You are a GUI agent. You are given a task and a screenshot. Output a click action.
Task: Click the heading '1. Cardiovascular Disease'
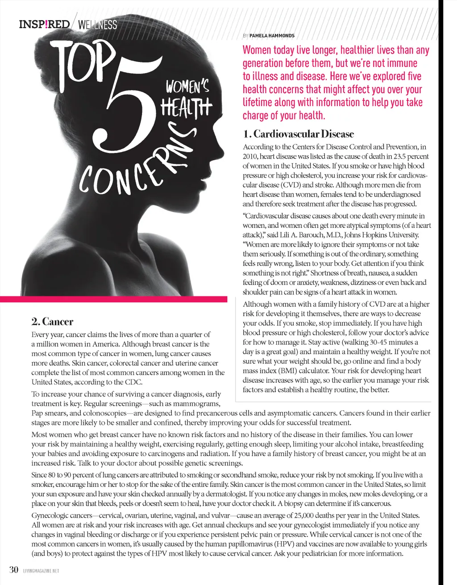298,134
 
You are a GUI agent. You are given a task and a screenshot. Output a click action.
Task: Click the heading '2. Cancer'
52,321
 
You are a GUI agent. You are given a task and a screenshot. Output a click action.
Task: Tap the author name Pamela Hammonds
272,36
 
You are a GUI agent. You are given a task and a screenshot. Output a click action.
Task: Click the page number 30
14,570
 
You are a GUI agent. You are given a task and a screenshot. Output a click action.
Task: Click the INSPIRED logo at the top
44,24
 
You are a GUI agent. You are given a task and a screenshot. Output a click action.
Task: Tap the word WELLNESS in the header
97,25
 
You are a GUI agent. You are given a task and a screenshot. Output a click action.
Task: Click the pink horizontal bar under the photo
114,299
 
